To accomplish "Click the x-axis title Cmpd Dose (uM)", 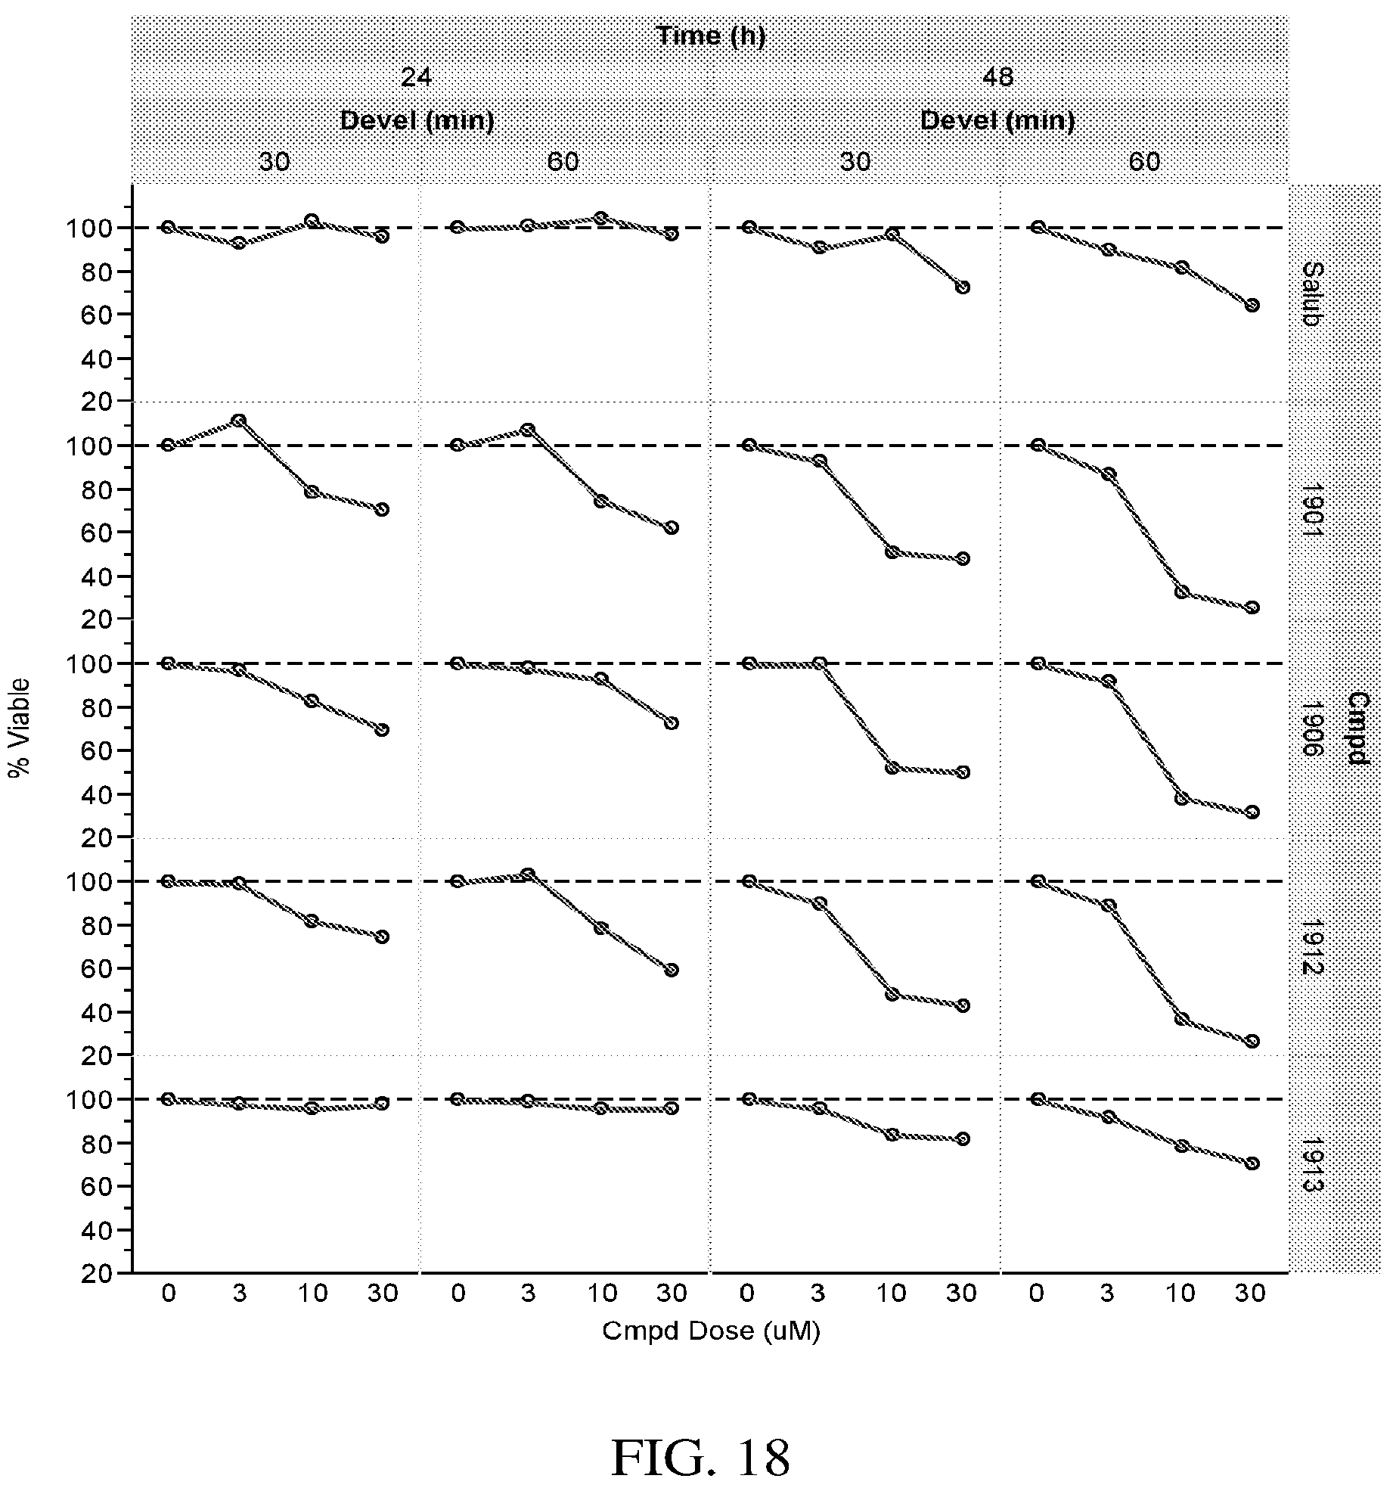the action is (711, 1331).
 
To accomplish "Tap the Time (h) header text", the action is (710, 36).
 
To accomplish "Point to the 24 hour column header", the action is (417, 78).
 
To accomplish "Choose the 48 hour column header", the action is (997, 78).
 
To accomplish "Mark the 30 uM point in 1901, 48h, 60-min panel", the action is (1252, 607).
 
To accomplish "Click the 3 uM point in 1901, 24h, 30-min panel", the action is (240, 420).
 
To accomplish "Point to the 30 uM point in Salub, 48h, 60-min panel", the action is (1252, 305).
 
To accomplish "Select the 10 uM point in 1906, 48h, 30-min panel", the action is (892, 768).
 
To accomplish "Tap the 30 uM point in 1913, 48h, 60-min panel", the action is (1252, 1163).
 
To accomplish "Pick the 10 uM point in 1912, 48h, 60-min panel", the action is (1181, 1019).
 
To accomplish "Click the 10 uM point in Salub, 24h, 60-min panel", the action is (601, 218).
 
